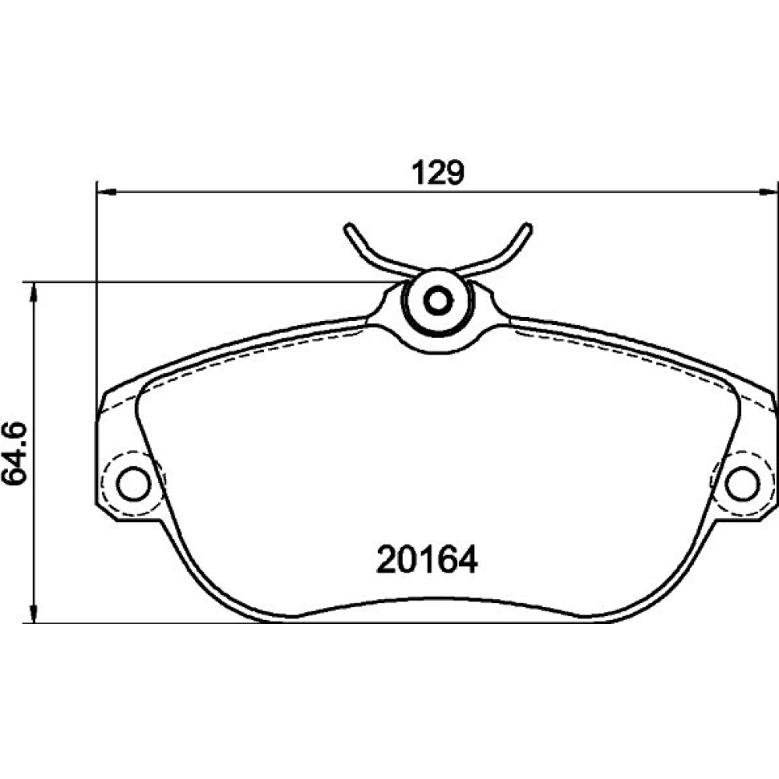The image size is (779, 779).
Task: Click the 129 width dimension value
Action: pyautogui.click(x=438, y=172)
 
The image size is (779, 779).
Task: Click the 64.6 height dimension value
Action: pyautogui.click(x=14, y=453)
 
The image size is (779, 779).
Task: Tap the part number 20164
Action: pyautogui.click(x=427, y=559)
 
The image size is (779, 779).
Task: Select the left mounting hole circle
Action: pyautogui.click(x=134, y=484)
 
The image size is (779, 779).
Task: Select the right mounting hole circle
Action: pyautogui.click(x=742, y=484)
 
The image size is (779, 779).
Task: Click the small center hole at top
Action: pyautogui.click(x=438, y=301)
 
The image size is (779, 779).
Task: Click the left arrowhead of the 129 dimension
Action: pyautogui.click(x=106, y=192)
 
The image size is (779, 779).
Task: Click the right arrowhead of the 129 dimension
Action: pyautogui.click(x=767, y=192)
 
